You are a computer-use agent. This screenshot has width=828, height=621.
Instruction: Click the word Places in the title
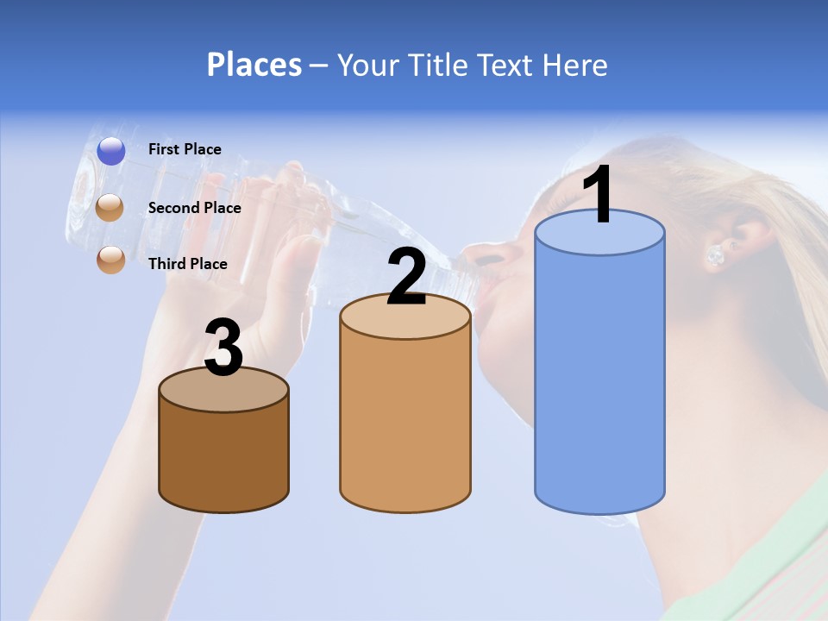tap(254, 65)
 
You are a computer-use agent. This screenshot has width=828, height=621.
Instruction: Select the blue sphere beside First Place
tap(111, 151)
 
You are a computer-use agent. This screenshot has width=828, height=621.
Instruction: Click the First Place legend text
tap(185, 149)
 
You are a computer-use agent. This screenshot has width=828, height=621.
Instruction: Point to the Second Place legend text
tap(194, 208)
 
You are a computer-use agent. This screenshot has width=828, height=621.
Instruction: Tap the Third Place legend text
tap(188, 264)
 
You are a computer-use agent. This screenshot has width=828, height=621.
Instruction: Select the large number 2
tap(406, 276)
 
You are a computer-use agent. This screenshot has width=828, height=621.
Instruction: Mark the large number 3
tap(223, 348)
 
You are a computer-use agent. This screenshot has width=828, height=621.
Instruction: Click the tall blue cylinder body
tap(599, 379)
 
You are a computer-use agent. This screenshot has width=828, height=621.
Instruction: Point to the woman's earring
tap(716, 255)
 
